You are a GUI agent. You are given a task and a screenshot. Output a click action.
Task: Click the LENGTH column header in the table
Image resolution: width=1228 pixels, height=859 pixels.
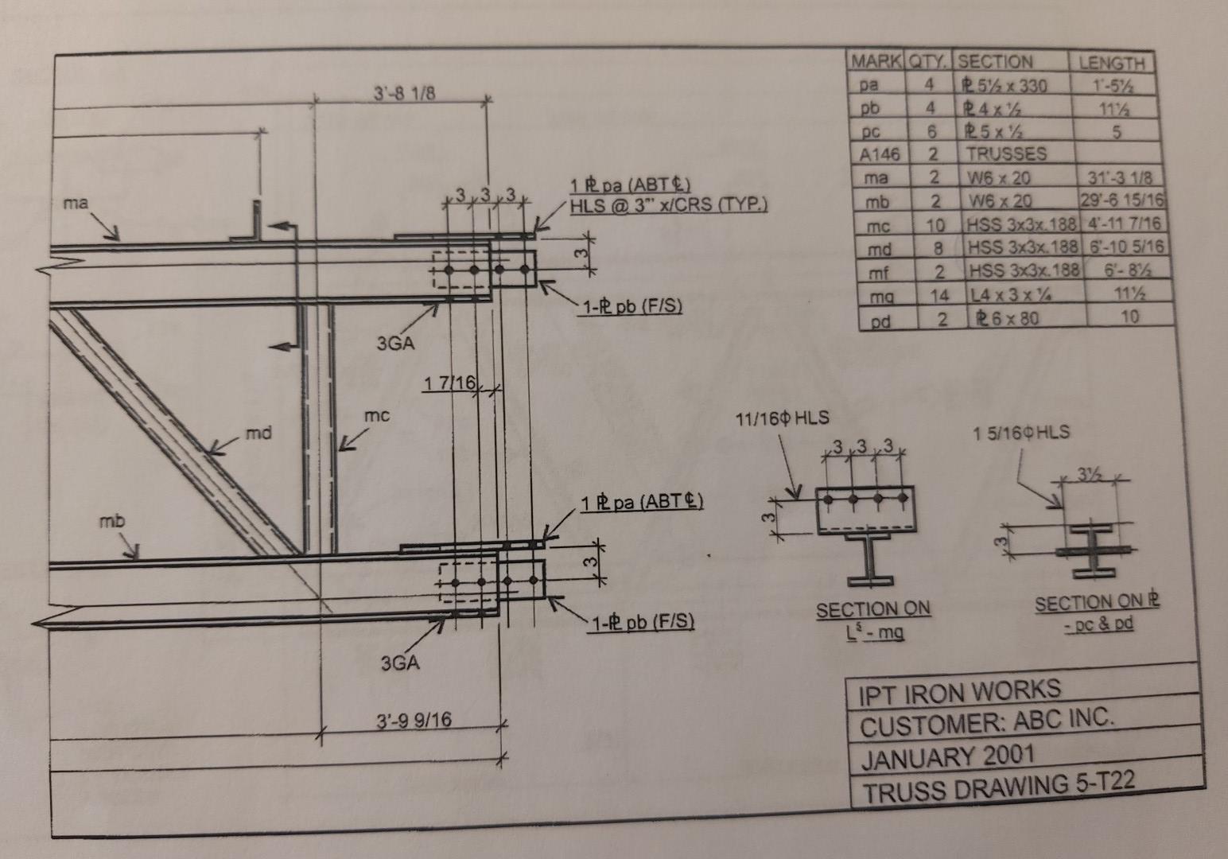[1111, 63]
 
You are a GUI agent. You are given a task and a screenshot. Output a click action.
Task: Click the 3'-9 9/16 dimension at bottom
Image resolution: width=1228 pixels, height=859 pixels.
[413, 721]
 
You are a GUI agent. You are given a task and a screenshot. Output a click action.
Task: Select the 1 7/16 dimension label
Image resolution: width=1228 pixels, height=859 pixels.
[449, 384]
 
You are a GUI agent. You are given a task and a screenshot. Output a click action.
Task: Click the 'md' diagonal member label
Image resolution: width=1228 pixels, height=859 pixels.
[258, 433]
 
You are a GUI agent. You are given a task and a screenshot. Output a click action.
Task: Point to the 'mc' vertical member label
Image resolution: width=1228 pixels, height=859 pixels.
[376, 415]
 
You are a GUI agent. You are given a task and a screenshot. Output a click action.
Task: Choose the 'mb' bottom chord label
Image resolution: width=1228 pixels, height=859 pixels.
[112, 523]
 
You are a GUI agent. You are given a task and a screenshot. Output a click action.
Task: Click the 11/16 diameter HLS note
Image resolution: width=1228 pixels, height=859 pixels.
[784, 418]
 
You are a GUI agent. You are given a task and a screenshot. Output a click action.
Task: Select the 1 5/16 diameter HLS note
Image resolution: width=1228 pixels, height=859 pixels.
[1021, 433]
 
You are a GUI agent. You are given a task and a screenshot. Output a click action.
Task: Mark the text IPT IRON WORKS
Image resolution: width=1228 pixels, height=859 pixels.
[959, 691]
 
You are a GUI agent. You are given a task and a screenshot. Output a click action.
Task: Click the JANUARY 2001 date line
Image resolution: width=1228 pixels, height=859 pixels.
[947, 756]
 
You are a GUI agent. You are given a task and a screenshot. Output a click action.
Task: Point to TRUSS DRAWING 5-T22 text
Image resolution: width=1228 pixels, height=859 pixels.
[998, 788]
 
